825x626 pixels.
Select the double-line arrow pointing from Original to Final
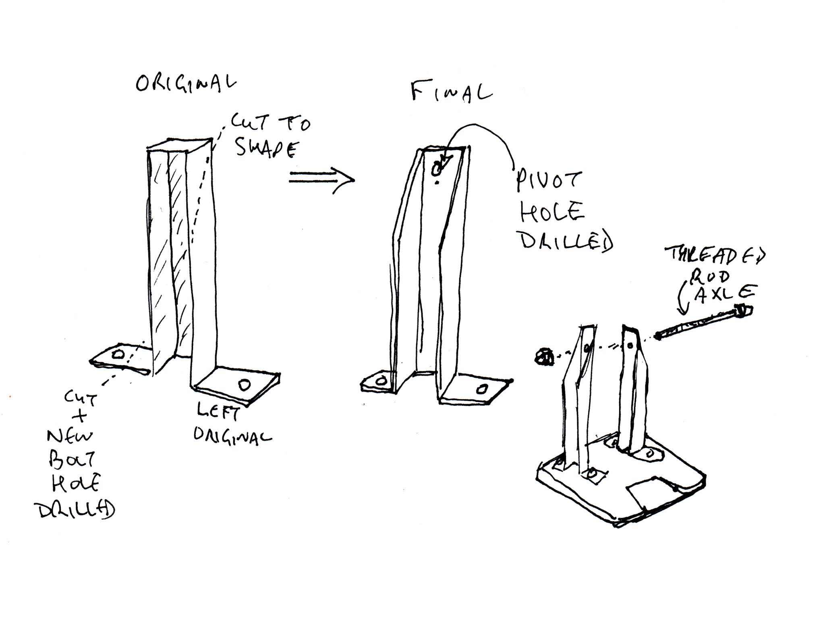(x=321, y=180)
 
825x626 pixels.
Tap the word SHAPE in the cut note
(x=267, y=149)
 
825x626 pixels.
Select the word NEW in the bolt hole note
(x=70, y=437)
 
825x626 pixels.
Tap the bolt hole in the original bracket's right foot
(x=245, y=385)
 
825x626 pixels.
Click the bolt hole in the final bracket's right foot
(x=482, y=389)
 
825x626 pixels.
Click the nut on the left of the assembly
(x=543, y=357)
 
